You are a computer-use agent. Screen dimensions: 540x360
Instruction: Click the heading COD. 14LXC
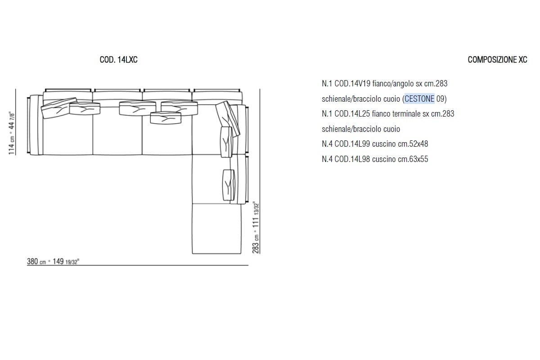point(119,59)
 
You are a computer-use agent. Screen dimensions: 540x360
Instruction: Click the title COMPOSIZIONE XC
point(497,59)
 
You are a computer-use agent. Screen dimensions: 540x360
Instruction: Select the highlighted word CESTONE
point(419,99)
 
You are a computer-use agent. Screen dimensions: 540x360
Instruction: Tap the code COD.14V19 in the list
point(352,83)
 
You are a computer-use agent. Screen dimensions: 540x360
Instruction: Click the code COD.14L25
point(352,113)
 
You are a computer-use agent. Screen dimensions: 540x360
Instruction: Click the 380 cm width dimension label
point(53,261)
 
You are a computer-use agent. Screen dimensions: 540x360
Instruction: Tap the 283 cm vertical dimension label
point(256,227)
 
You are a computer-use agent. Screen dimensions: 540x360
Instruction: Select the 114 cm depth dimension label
point(12,133)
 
